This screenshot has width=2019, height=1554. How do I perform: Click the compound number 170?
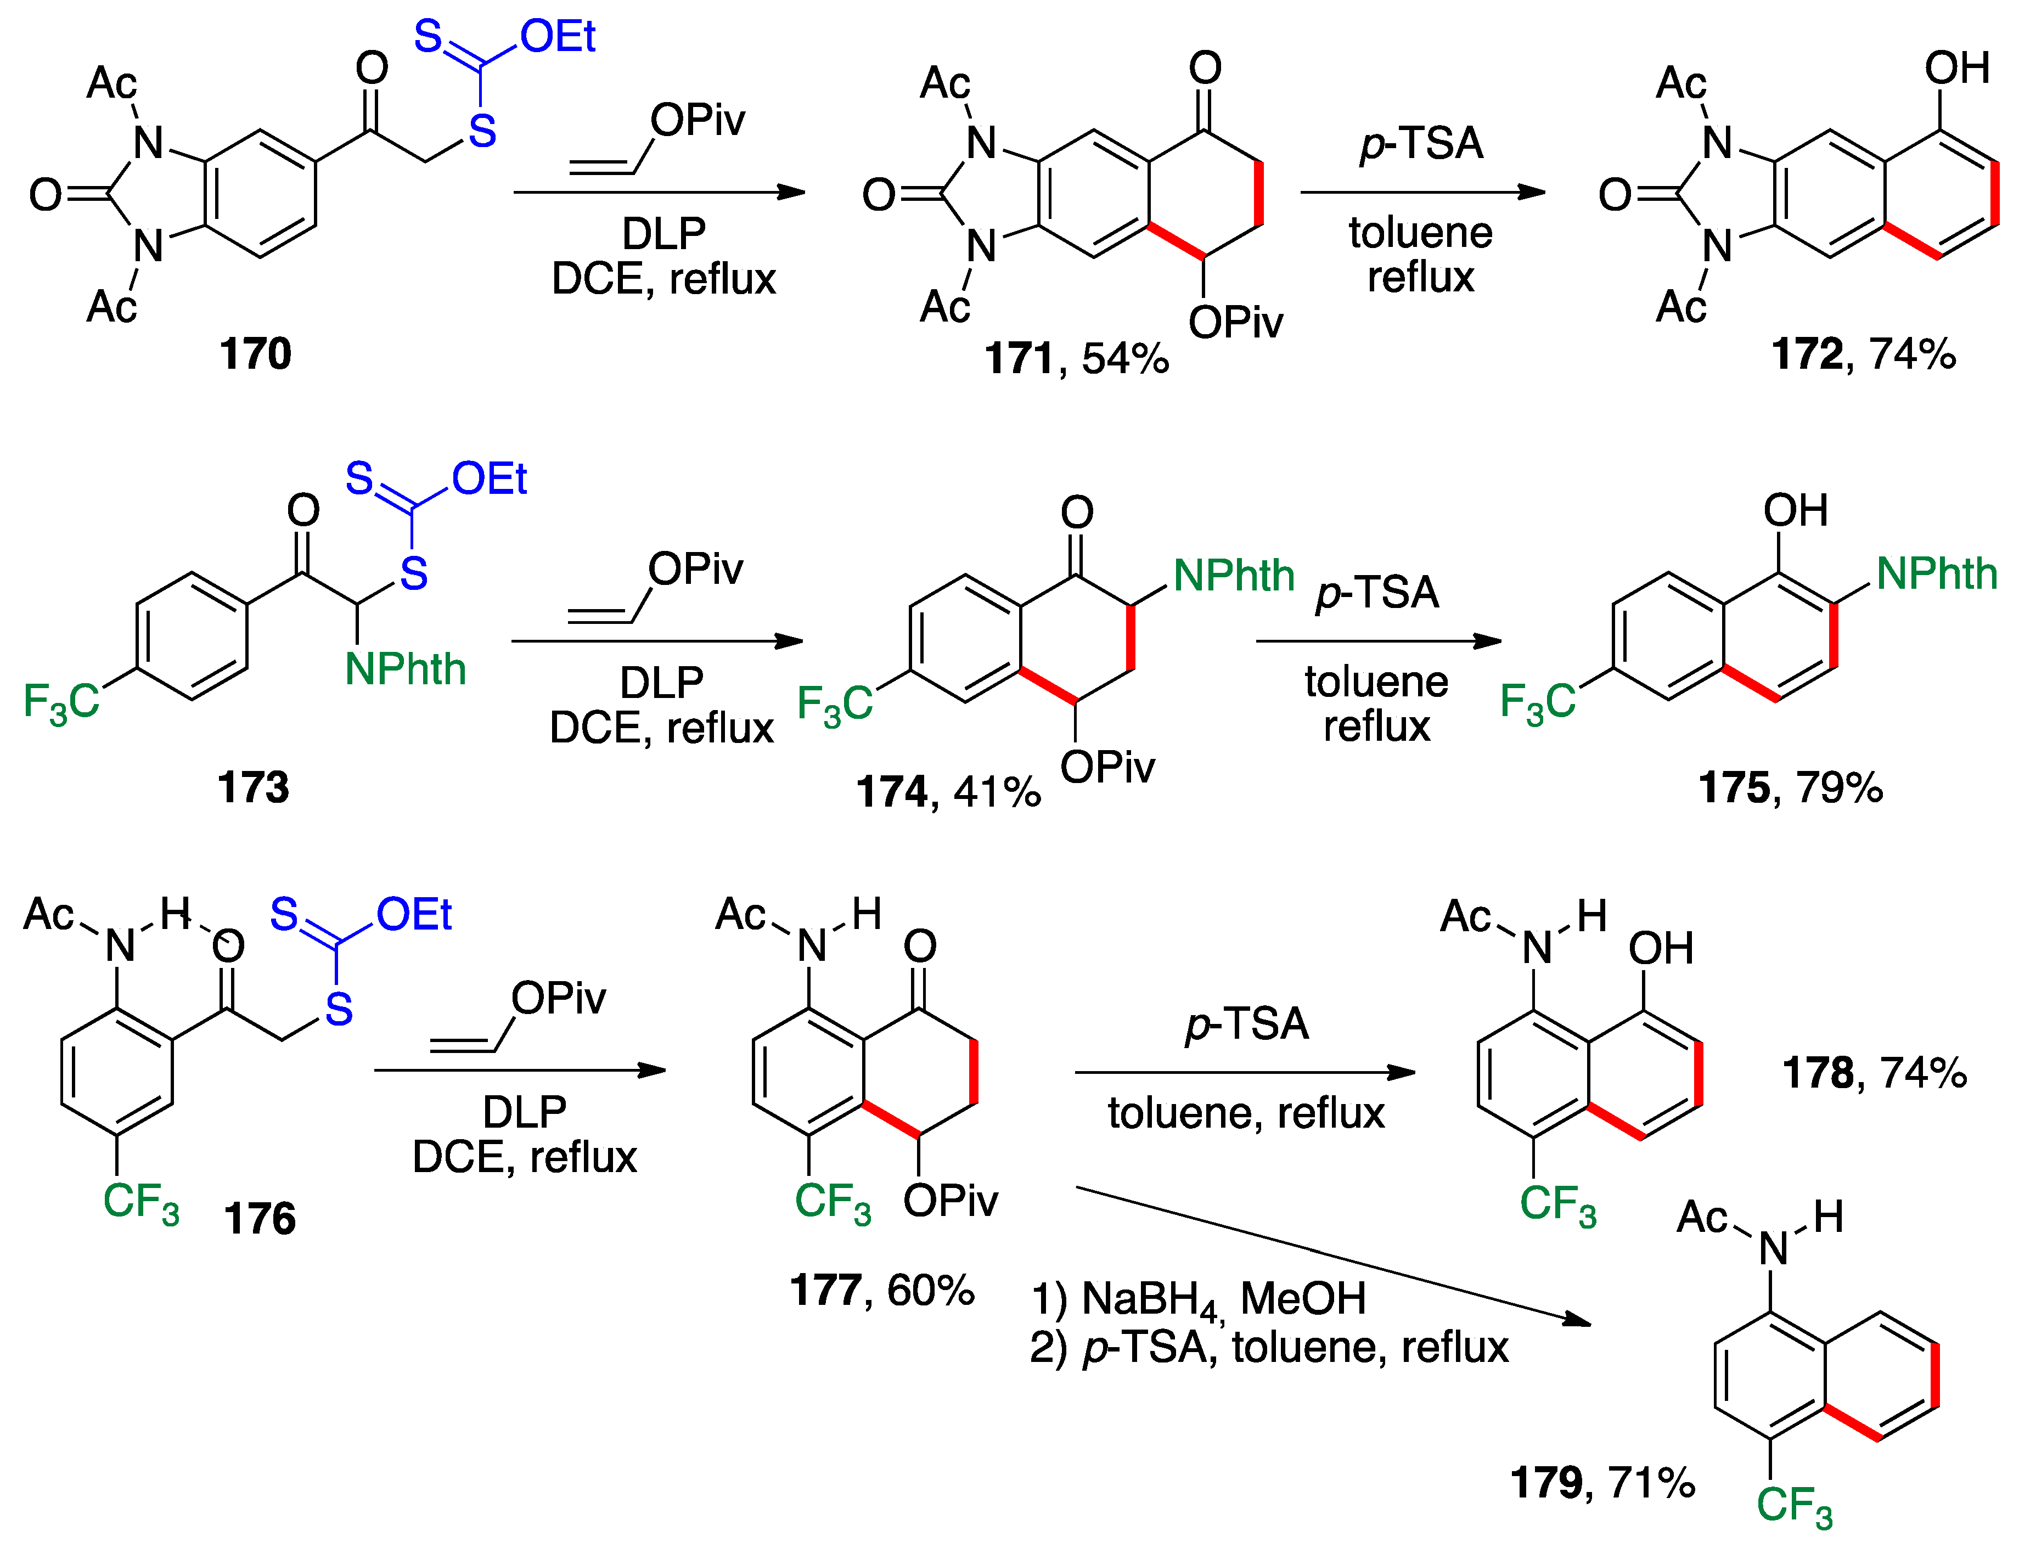coord(255,354)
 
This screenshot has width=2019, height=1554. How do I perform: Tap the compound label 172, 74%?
coord(1863,354)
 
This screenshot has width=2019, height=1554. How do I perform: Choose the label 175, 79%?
coord(1790,787)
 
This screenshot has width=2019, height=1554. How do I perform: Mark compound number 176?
coord(260,1218)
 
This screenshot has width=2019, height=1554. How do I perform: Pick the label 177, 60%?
coord(881,1290)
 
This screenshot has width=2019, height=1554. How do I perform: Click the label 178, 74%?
coord(1874,1072)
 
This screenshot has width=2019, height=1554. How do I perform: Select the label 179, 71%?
coord(1602,1483)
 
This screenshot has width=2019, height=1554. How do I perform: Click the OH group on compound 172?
coord(1957,69)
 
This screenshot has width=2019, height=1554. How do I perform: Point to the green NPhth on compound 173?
coord(405,669)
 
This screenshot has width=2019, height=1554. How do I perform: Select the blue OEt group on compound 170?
coord(558,37)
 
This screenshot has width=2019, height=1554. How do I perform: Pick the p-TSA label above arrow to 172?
coord(1421,144)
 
